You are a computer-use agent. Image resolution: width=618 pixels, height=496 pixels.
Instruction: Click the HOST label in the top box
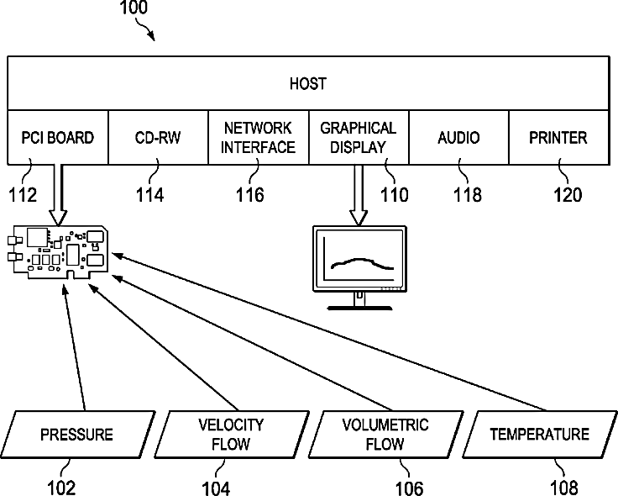[x=307, y=83]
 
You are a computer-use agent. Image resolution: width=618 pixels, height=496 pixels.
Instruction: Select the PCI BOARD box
[x=58, y=137]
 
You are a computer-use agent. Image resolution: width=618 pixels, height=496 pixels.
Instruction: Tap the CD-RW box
[x=158, y=137]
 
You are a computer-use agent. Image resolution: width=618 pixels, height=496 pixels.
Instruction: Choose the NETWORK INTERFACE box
[x=259, y=137]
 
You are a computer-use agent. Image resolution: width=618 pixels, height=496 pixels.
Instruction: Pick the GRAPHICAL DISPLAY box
[x=359, y=137]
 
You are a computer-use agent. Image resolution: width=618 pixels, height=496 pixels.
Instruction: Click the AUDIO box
[x=458, y=137]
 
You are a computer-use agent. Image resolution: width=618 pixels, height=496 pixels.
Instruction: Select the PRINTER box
[x=558, y=137]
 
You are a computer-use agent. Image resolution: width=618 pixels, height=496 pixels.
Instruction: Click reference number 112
[x=23, y=195]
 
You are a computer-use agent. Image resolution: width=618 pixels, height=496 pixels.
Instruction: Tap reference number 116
[x=249, y=195]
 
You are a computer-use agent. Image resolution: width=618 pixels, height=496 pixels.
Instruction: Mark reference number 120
[x=567, y=195]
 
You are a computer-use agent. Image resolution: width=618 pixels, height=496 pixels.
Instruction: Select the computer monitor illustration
[x=360, y=265]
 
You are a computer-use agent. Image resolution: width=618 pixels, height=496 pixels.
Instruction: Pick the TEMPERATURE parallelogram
[x=539, y=435]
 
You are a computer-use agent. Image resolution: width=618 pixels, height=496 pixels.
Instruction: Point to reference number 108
[x=563, y=487]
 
